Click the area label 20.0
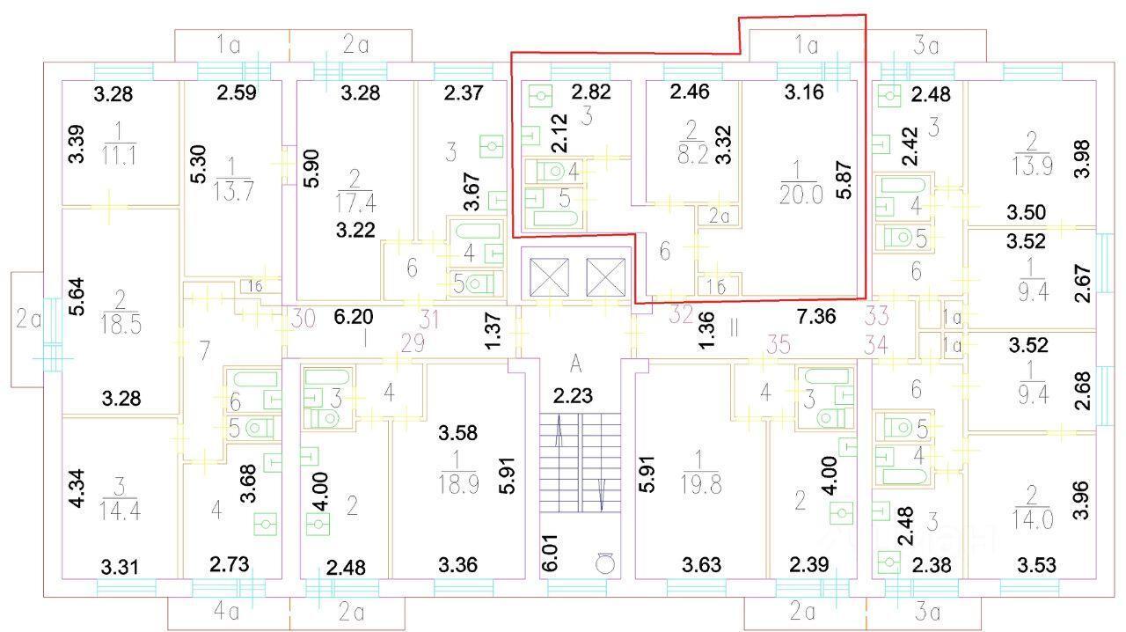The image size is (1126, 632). [x=801, y=195]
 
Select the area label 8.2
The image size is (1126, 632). [x=693, y=154]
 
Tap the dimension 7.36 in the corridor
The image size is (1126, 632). [x=816, y=317]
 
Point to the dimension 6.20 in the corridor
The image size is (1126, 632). [x=354, y=317]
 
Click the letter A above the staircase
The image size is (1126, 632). [x=576, y=364]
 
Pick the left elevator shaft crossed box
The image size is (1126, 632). [x=549, y=277]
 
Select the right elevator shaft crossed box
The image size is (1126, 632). [x=606, y=277]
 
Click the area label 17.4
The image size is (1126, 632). [x=355, y=203]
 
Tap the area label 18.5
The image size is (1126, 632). [x=121, y=325]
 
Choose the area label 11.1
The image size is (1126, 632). [x=119, y=156]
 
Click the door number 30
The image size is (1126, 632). [x=303, y=318]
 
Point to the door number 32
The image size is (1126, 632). [x=682, y=314]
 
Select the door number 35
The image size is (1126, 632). [x=779, y=345]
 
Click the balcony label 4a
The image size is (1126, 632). [x=226, y=612]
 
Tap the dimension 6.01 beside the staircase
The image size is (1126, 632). [x=551, y=552]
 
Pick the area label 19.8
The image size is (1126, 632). [x=702, y=485]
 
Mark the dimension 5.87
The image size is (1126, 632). [x=844, y=180]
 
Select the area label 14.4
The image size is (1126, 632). [x=120, y=511]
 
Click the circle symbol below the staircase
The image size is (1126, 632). [x=604, y=562]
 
